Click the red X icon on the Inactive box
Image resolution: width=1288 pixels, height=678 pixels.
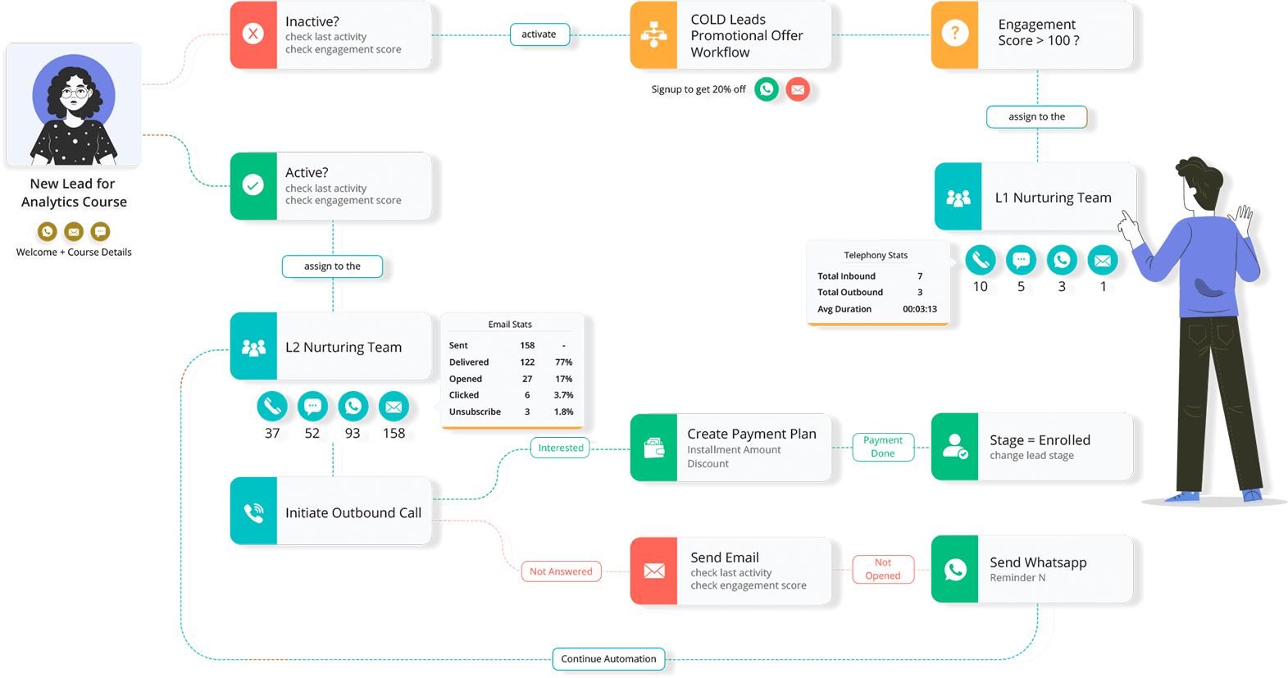pos(253,34)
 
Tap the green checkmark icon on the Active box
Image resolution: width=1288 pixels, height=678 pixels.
pos(253,185)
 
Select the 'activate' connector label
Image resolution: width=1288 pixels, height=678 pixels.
pos(539,34)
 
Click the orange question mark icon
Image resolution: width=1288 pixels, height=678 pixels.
pos(954,34)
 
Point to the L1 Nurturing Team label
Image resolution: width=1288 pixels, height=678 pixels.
pos(1053,198)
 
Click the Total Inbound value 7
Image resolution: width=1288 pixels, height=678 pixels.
pos(920,276)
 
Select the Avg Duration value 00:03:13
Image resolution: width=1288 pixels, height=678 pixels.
pos(920,309)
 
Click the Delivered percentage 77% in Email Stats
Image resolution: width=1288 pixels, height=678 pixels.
pos(563,362)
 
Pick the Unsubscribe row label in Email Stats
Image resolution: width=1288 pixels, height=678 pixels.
pos(475,412)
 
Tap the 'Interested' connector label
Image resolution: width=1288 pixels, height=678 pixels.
pos(561,448)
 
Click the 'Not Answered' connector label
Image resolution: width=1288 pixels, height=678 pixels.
pos(561,571)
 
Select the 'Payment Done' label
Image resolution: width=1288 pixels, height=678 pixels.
pos(883,447)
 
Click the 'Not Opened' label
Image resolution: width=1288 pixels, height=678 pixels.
pos(883,569)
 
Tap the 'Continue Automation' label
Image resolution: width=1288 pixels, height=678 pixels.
pos(608,658)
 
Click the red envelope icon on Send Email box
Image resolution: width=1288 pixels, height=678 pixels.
pos(653,571)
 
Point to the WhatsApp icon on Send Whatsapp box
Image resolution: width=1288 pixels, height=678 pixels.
pos(955,569)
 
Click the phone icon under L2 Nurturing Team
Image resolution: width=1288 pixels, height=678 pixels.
pos(272,406)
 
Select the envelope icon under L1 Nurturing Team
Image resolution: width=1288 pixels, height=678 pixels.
pos(1103,261)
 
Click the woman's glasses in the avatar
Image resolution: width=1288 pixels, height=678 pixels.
pos(75,93)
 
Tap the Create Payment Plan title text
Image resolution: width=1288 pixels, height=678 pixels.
pos(751,434)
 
